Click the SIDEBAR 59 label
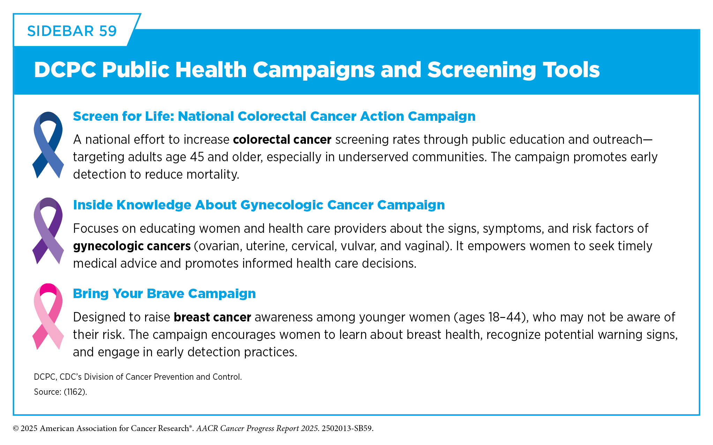tap(72, 31)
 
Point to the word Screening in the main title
tap(481, 70)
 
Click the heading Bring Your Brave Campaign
tap(164, 294)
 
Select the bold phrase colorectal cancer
tap(282, 139)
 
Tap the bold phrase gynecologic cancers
tap(132, 246)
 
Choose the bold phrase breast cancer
tap(212, 317)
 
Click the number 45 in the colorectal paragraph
tap(197, 157)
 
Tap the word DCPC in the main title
tap(65, 70)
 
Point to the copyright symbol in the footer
tap(16, 429)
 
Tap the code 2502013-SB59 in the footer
tap(346, 428)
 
